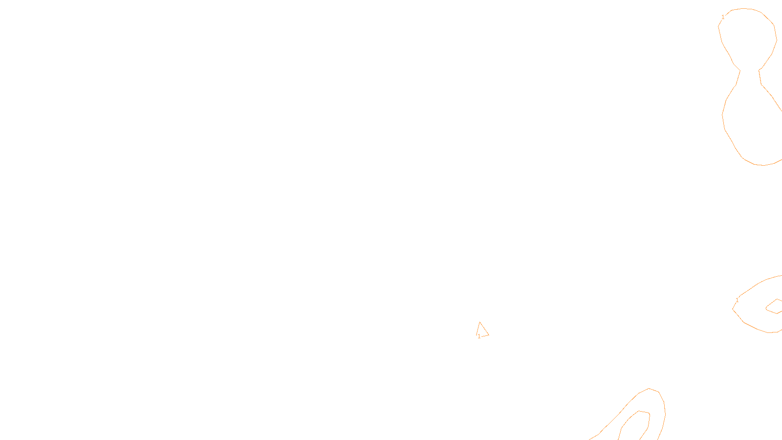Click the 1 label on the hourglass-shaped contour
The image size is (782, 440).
[723, 17]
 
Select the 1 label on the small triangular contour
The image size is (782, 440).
[479, 336]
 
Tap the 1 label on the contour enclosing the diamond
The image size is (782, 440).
[737, 300]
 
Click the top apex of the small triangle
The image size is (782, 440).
[480, 322]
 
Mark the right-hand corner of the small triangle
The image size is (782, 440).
[489, 335]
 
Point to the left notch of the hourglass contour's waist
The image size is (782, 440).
[740, 71]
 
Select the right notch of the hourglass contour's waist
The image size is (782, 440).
[759, 70]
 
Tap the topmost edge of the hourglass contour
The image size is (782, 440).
[745, 8]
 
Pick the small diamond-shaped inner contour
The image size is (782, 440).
[774, 307]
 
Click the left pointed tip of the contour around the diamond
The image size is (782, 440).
[733, 309]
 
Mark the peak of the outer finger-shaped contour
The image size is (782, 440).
[649, 389]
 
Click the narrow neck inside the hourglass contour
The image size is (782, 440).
[750, 71]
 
